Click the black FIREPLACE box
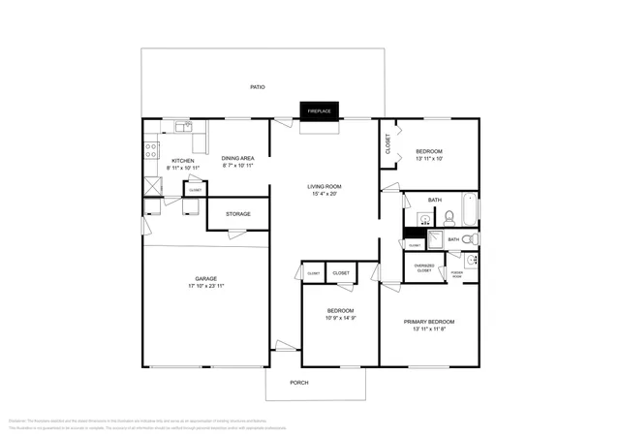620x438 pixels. (x=319, y=111)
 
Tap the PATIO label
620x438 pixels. (x=258, y=87)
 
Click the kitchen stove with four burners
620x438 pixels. (x=151, y=149)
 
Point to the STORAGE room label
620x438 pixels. (x=238, y=214)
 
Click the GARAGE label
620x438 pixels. (x=205, y=279)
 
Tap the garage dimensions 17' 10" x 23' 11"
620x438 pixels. (x=205, y=287)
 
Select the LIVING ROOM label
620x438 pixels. (x=325, y=186)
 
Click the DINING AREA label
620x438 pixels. (x=237, y=158)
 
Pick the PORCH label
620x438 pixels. (x=300, y=382)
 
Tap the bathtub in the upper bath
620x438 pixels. (x=468, y=207)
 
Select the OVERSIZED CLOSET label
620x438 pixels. (x=424, y=267)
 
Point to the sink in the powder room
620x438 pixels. (x=470, y=260)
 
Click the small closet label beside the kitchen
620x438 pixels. (x=195, y=190)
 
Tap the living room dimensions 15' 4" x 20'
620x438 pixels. (x=325, y=194)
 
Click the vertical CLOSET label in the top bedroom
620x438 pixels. (x=388, y=144)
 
